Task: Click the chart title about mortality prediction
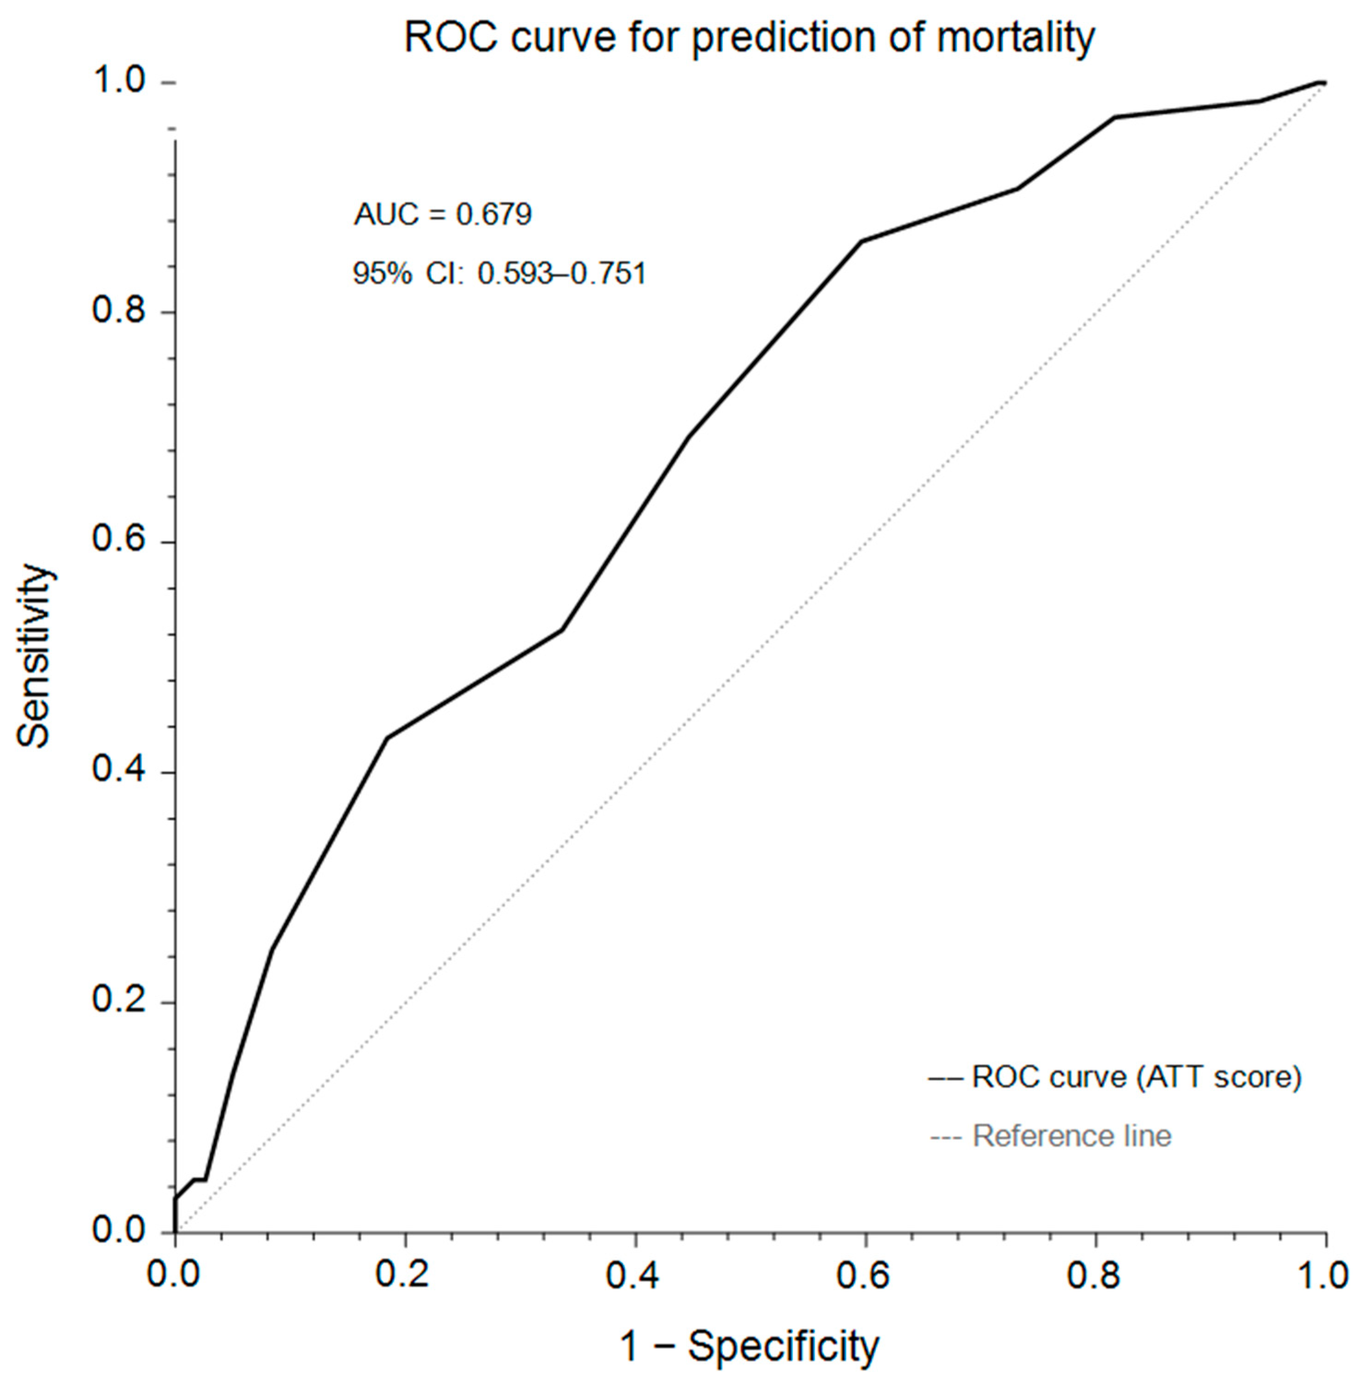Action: [749, 38]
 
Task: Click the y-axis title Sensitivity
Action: [35, 656]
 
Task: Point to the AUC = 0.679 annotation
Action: [443, 214]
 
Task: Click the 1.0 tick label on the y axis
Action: [118, 82]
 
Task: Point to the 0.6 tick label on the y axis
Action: [118, 541]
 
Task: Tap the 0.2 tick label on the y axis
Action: [118, 1002]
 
